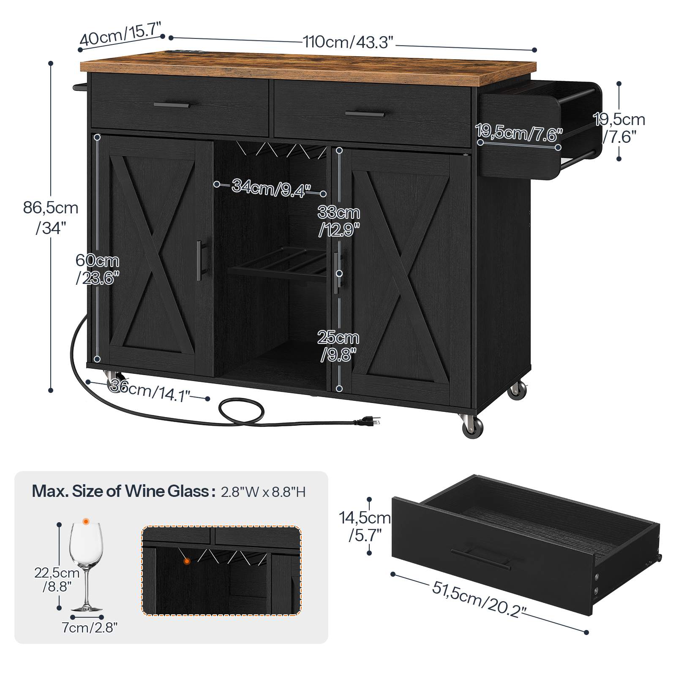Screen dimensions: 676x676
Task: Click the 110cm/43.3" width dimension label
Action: [x=348, y=41]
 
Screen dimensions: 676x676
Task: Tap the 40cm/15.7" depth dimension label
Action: [x=121, y=34]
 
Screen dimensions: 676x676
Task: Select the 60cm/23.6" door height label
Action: [x=98, y=269]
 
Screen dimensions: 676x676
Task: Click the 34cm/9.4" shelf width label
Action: [x=271, y=188]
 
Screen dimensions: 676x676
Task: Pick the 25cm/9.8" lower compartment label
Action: [x=338, y=346]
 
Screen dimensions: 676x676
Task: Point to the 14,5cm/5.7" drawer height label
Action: [x=365, y=526]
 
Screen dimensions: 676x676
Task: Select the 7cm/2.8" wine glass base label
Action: [x=89, y=627]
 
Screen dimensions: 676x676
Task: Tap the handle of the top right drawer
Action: [x=365, y=113]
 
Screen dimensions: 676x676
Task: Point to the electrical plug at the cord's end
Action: [x=368, y=420]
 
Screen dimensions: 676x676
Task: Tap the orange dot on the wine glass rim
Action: [x=86, y=522]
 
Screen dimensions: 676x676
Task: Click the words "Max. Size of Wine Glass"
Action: [x=120, y=491]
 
